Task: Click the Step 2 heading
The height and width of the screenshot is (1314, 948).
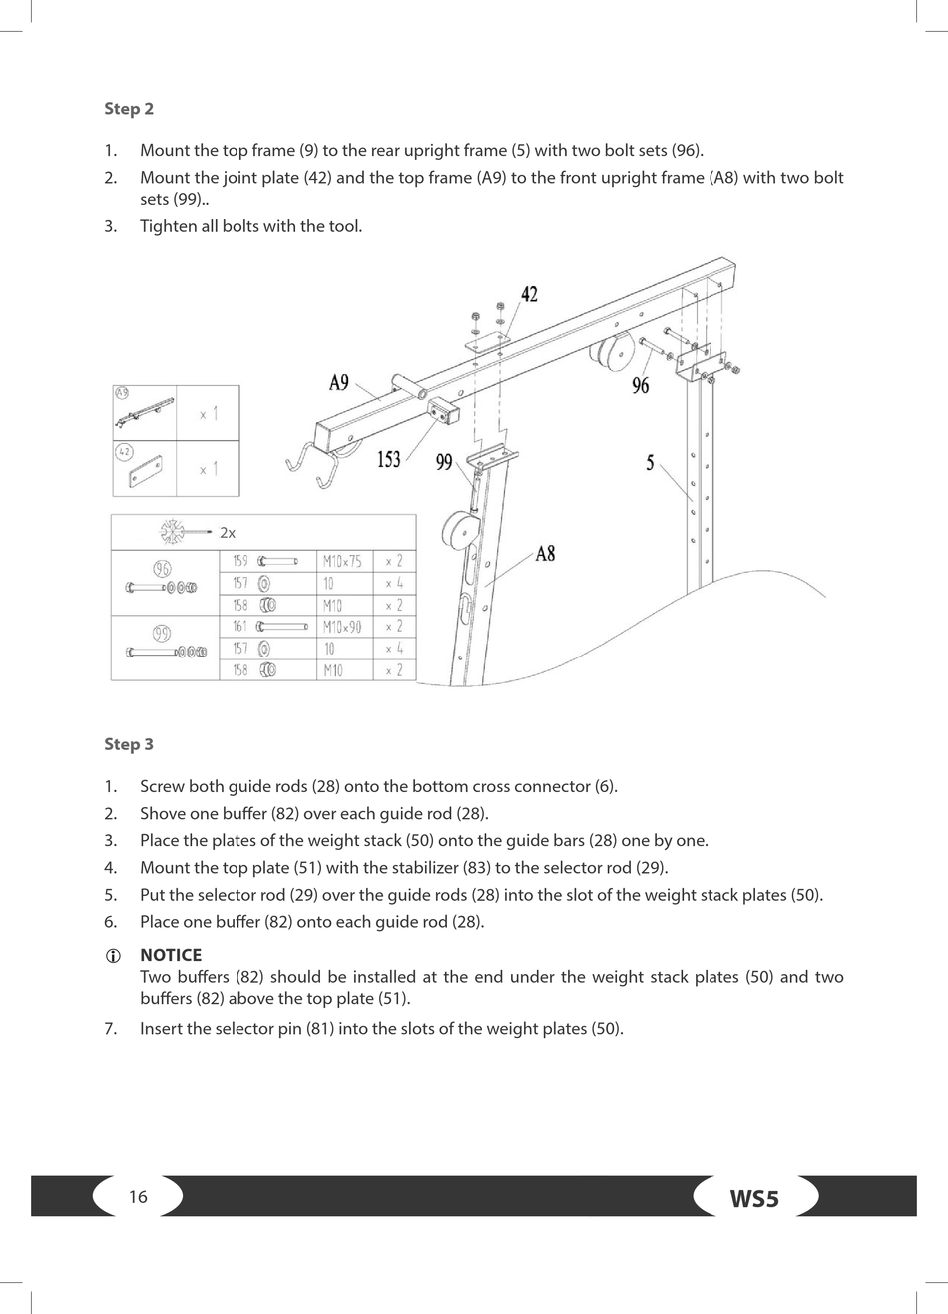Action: pos(129,109)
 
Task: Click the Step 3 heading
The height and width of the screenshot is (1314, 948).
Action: pos(129,744)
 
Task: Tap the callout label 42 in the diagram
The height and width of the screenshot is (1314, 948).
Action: pos(529,294)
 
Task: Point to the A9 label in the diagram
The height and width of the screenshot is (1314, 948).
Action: pos(339,383)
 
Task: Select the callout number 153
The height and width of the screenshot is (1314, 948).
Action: pos(388,459)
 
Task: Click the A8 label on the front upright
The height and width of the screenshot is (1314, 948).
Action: pos(545,553)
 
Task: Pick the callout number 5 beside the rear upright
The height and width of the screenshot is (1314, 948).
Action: pos(650,463)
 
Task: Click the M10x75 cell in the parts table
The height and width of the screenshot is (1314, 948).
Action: pos(342,561)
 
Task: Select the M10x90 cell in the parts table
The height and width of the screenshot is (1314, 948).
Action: pos(342,627)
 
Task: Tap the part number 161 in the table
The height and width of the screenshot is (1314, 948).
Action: pos(239,627)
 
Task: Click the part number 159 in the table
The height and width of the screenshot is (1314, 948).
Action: pos(239,561)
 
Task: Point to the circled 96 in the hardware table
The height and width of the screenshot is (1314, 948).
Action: pos(162,569)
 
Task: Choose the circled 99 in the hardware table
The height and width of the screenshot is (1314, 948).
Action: pos(162,634)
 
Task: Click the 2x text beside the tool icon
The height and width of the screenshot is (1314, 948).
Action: pos(228,533)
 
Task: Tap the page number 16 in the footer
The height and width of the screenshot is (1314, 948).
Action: pos(138,1197)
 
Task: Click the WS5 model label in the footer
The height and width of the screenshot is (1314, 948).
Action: pos(754,1198)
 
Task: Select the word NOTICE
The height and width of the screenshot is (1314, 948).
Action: pos(171,955)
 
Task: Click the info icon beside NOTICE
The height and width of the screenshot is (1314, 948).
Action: pos(113,956)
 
